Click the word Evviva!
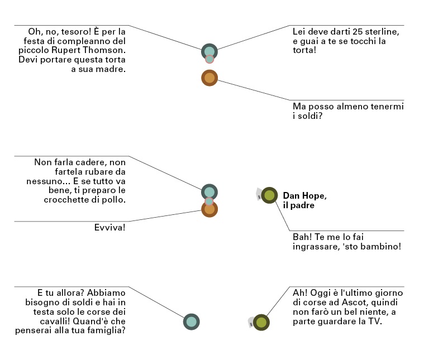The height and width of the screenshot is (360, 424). tap(110, 228)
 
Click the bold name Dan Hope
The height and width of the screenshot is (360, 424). tap(304, 196)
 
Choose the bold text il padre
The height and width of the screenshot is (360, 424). tap(299, 205)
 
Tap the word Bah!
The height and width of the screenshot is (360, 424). tap(302, 237)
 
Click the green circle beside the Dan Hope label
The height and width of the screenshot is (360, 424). tap(269, 195)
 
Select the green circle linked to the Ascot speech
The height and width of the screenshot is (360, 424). tap(261, 322)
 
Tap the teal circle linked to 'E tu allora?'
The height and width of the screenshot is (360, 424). tap(191, 321)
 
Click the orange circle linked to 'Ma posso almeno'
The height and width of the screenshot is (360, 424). tap(209, 78)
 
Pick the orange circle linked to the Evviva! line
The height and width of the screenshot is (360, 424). tap(209, 210)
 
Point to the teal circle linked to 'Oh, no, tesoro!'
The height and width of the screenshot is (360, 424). tap(209, 51)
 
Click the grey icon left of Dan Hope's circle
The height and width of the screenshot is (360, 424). tap(259, 194)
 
